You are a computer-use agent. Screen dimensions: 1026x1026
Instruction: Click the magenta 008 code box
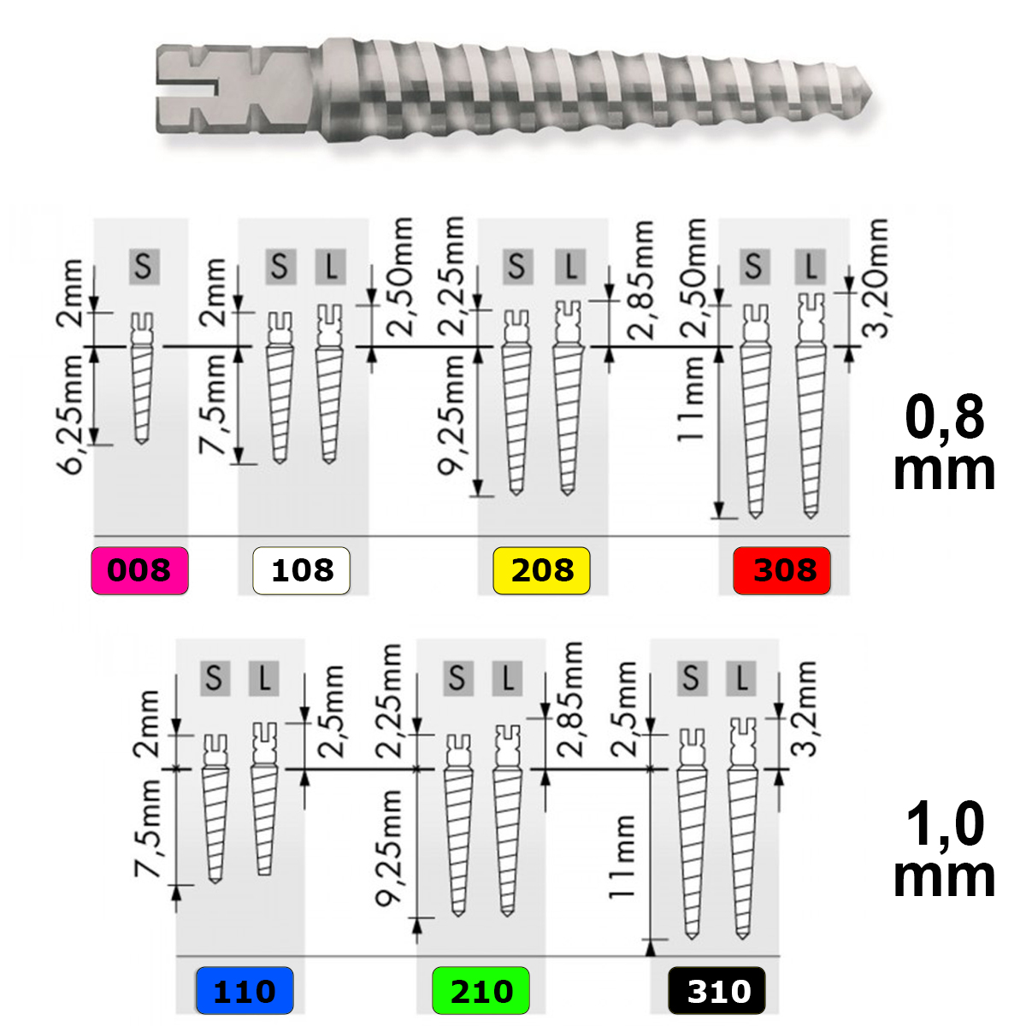pos(139,570)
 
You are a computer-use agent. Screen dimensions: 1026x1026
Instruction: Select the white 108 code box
pos(301,570)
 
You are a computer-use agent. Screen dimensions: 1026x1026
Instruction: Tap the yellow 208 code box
pos(541,570)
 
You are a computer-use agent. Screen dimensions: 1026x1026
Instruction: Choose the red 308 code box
pos(781,570)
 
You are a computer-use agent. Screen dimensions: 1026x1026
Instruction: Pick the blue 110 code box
pos(245,990)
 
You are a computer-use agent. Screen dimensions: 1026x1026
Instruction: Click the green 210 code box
pos(481,990)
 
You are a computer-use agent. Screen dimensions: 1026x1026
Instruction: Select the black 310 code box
pos(716,990)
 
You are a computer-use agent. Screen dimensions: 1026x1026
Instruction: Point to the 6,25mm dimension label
pos(70,414)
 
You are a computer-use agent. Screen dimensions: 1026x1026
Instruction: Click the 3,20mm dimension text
pos(875,277)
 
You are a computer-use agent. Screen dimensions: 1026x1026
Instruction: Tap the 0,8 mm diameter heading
pos(944,443)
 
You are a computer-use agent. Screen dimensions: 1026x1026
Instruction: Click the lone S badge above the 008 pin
pos(144,266)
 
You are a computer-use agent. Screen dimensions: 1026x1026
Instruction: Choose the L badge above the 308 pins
pos(811,266)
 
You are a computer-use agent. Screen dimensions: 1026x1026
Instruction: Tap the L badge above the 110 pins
pos(263,679)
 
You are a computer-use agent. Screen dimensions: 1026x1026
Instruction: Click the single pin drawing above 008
pos(142,378)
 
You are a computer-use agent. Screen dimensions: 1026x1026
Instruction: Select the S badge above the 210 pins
pos(458,679)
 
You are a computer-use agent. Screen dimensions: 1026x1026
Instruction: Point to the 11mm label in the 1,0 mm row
pos(622,857)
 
